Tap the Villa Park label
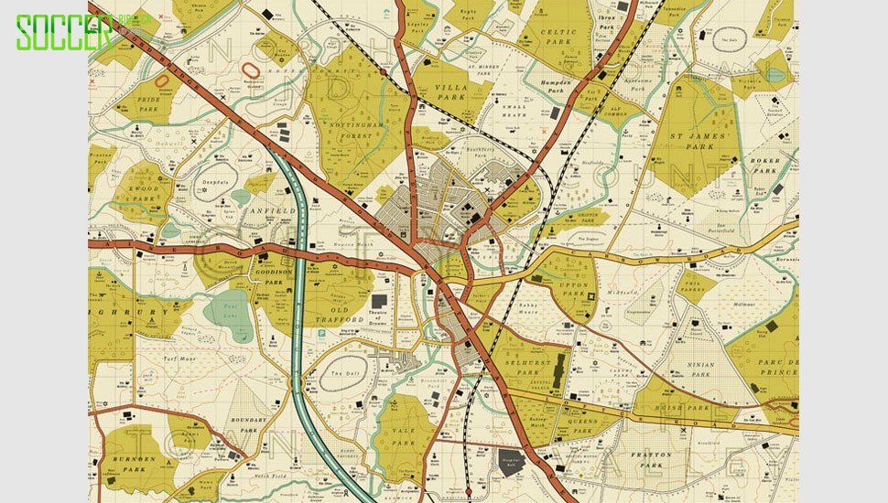click(451, 91)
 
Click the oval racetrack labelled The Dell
click(347, 374)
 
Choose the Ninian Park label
click(700, 369)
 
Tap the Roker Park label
click(764, 166)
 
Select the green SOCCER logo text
click(64, 33)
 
